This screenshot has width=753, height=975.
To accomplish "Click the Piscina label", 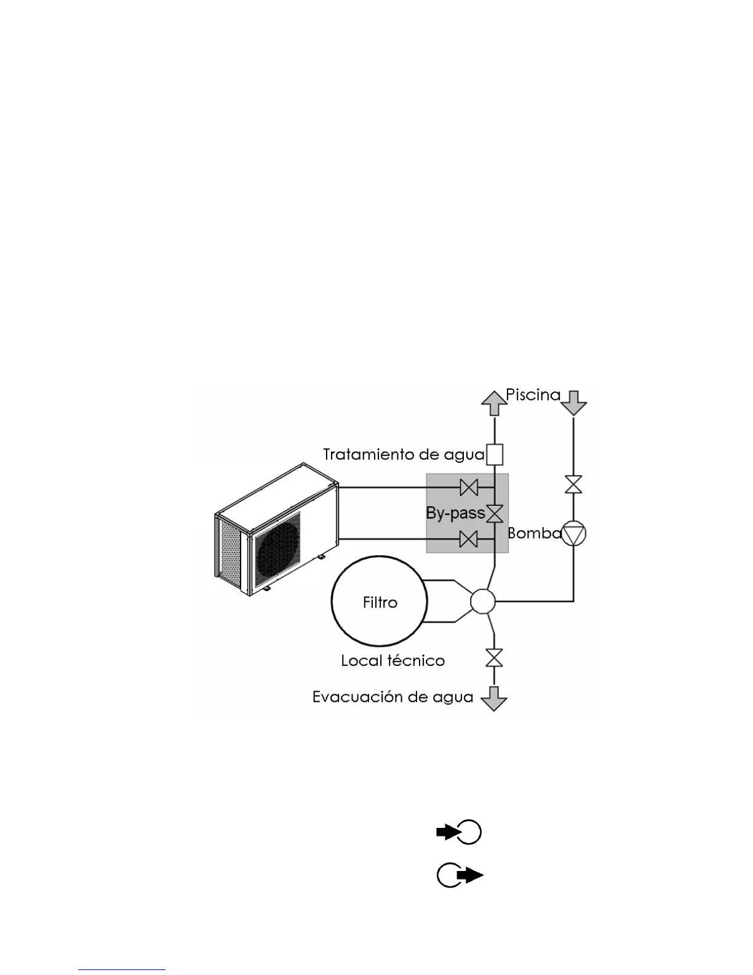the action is (x=533, y=395).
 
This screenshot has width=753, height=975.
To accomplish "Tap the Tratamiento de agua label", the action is (x=404, y=455).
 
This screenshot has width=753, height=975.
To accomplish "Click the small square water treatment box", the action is (x=495, y=455).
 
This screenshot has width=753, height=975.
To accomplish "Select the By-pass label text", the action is (x=455, y=513).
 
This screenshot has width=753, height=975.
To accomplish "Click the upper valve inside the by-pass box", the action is (x=469, y=488).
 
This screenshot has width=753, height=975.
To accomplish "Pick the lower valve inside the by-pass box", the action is (x=469, y=540).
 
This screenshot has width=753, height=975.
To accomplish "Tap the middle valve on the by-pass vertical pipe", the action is (x=495, y=513).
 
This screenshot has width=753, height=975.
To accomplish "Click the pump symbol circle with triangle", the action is (x=573, y=534).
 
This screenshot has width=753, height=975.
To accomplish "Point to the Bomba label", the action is (x=533, y=533).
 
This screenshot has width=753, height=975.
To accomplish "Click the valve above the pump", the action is (x=573, y=484).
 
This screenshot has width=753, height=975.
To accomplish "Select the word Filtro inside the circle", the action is (x=380, y=602).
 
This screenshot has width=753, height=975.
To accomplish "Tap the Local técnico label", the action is (x=392, y=661).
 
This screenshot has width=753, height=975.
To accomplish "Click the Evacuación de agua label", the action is (x=392, y=697).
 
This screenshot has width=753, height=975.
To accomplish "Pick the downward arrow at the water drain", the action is (x=493, y=698).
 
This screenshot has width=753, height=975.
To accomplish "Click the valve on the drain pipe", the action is (x=493, y=658).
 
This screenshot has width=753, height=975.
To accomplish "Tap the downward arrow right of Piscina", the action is (x=573, y=402).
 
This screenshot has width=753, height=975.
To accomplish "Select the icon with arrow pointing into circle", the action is (x=459, y=832).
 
